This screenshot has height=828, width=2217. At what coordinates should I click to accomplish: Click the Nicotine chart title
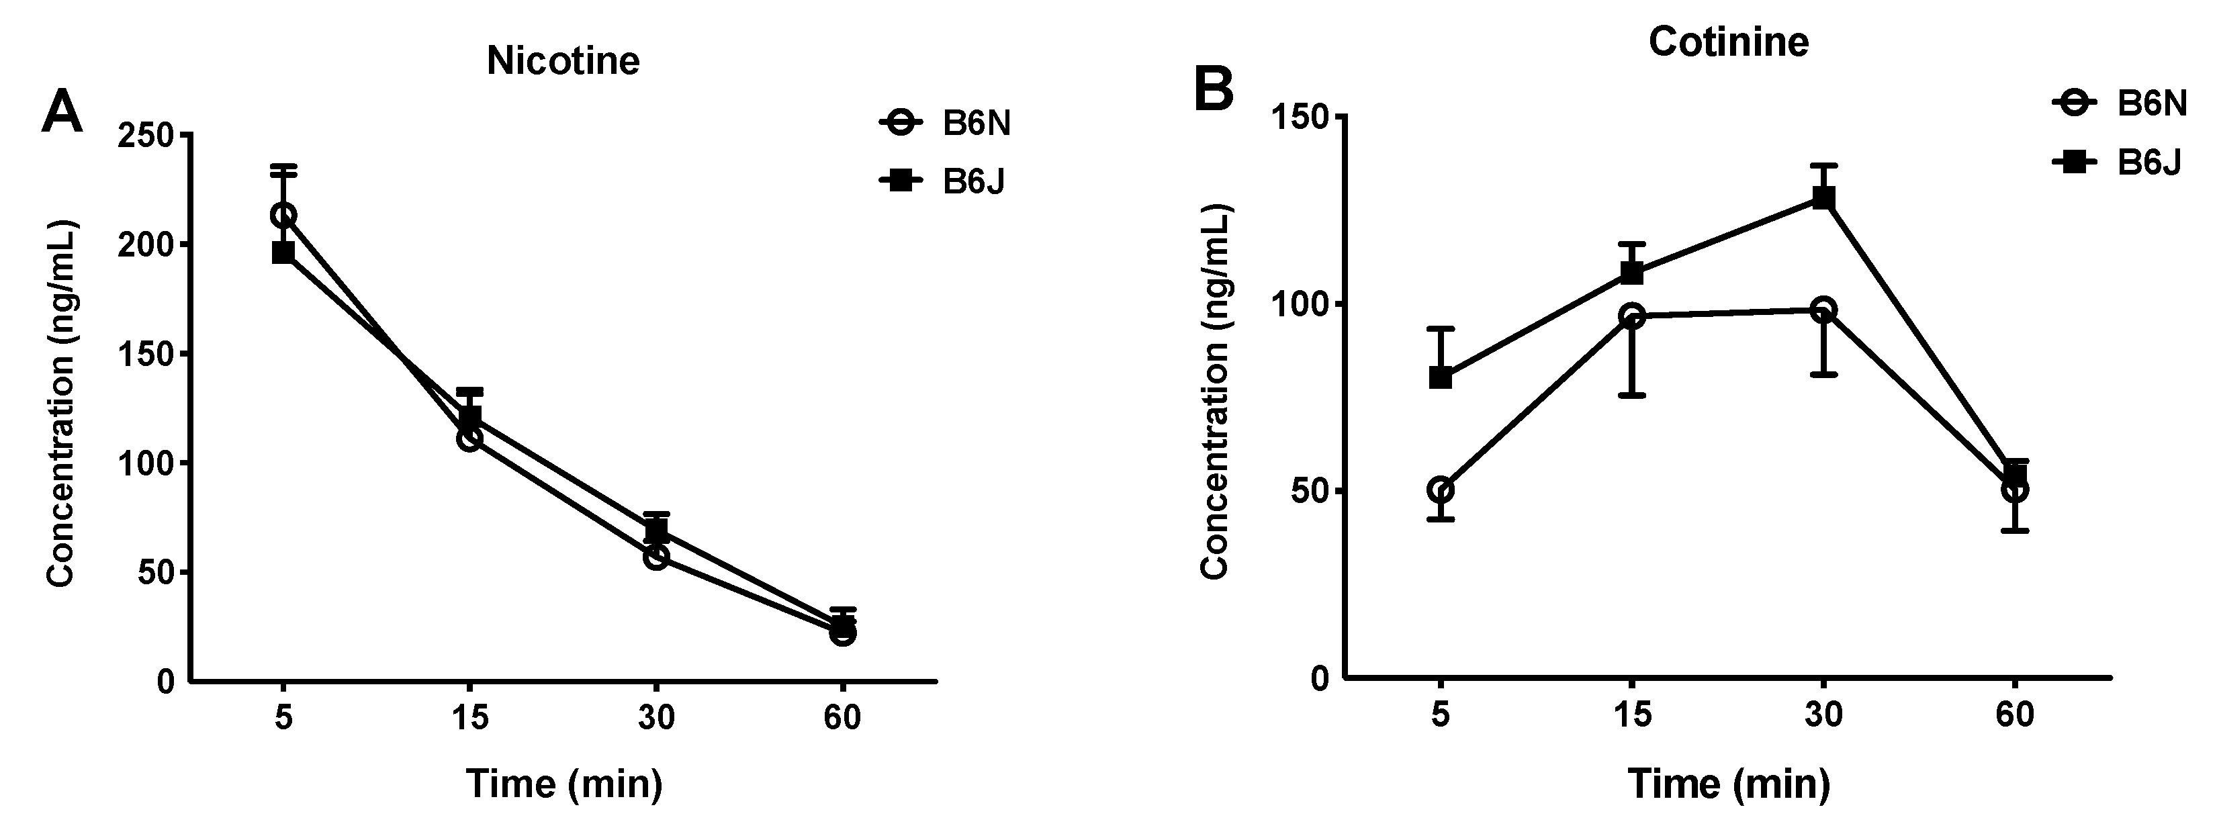(563, 61)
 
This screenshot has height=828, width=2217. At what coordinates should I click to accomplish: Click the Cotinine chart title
(1728, 42)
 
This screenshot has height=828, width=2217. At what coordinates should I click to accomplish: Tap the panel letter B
(1214, 91)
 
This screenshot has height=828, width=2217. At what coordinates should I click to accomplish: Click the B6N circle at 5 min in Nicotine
(284, 215)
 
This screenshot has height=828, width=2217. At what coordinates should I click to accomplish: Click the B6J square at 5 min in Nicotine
(283, 252)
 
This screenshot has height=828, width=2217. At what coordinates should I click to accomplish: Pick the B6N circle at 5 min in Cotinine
(1441, 490)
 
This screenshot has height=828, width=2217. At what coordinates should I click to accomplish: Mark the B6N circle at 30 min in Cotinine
(1823, 310)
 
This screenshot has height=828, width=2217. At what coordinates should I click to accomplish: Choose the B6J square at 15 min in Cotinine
(1632, 273)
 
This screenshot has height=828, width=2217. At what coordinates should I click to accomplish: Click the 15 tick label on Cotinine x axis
(1632, 715)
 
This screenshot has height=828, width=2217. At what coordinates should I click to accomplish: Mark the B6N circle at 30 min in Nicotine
(655, 557)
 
